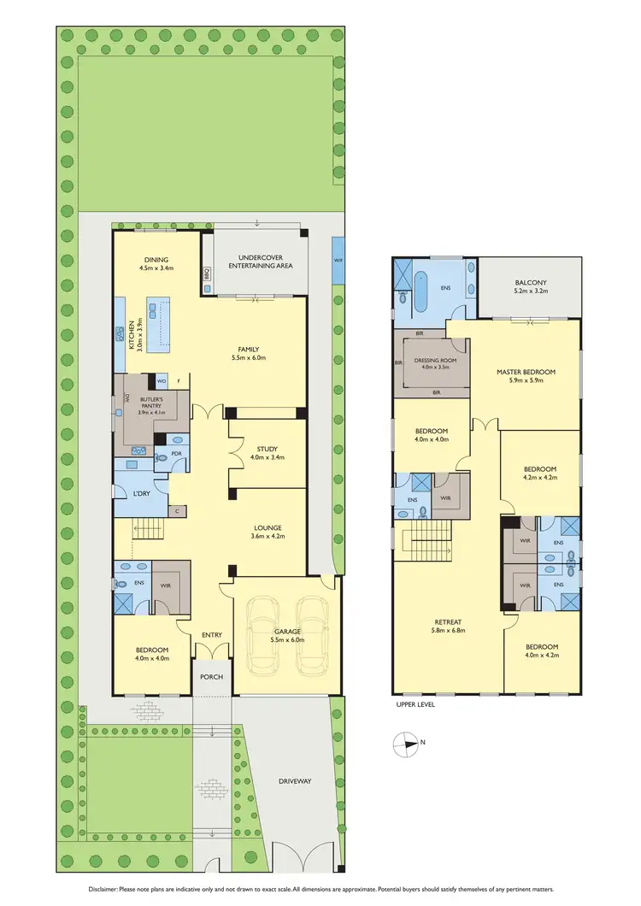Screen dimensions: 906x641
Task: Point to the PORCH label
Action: tap(211, 676)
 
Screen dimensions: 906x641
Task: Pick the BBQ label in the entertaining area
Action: tap(207, 274)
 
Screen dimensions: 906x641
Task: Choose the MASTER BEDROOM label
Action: tap(526, 372)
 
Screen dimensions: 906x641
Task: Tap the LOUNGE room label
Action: tap(267, 527)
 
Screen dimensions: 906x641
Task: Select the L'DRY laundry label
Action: tap(142, 494)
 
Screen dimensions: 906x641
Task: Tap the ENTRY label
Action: tap(211, 634)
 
